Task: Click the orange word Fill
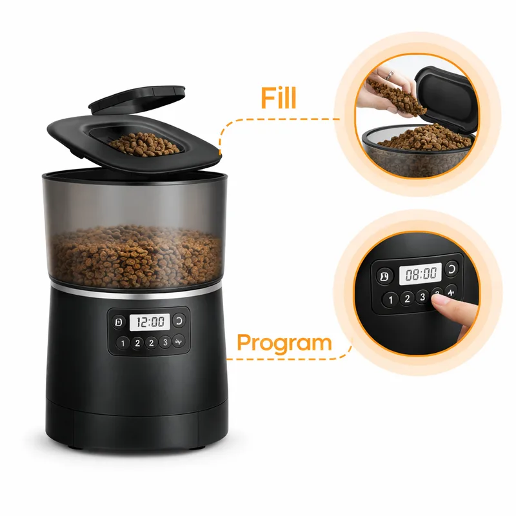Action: coord(279,98)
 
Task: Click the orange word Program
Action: coord(284,344)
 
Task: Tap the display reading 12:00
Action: coord(150,322)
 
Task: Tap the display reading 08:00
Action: coord(421,273)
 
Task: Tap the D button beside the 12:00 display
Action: coord(119,322)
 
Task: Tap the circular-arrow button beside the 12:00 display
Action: coord(179,321)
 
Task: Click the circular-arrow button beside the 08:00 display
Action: coord(451,269)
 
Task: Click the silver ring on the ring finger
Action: coord(390,75)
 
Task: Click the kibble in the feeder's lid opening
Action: coord(143,144)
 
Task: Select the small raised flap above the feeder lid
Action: coord(137,99)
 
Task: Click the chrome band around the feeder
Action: coord(136,292)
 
